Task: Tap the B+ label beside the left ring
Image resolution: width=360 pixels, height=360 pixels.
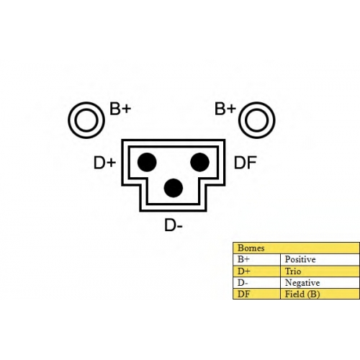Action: click(120, 109)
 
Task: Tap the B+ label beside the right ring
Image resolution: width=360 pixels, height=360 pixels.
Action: click(225, 109)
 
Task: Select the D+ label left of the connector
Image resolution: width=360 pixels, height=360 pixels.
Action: click(104, 163)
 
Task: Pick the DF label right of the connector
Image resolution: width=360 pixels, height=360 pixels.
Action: click(246, 163)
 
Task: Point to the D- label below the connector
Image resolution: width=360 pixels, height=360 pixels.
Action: click(174, 225)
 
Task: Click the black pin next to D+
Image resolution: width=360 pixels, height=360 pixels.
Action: click(147, 162)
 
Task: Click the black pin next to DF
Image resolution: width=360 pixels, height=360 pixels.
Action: click(199, 162)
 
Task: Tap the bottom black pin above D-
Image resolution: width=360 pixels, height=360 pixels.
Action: click(174, 188)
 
